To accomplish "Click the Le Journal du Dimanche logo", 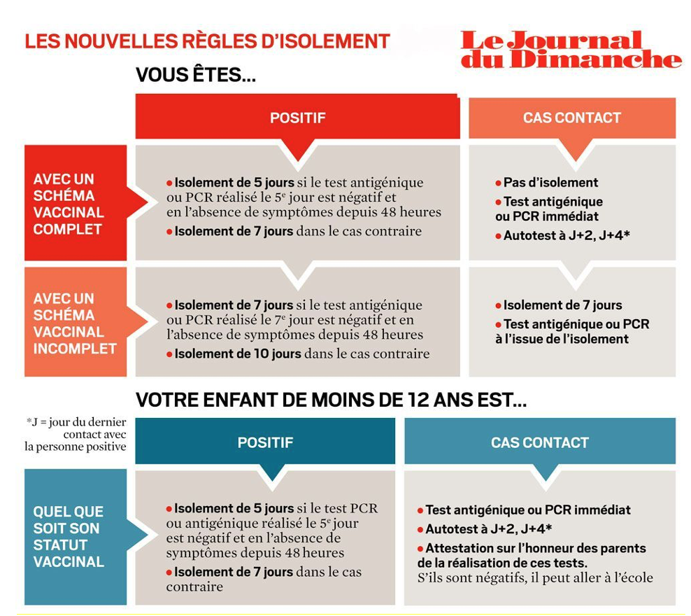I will tap(571, 49).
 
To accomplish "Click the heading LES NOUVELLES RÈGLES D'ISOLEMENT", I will tap(207, 41).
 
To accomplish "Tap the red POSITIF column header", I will tap(297, 118).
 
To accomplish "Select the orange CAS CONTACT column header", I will tap(571, 118).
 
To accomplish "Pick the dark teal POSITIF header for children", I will tap(264, 442).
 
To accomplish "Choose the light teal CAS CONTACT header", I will tap(539, 442).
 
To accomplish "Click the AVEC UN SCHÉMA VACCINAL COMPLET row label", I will tap(69, 204).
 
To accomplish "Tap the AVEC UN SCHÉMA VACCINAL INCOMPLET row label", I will tap(74, 323).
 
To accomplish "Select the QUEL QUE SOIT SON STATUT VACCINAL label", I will tap(69, 536).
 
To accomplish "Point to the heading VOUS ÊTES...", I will tap(195, 75).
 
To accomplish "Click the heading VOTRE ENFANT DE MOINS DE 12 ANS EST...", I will tap(331, 400).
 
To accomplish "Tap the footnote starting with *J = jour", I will tap(76, 434).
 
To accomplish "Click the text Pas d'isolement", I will tap(550, 183).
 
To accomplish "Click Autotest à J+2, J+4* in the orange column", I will tap(567, 236).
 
